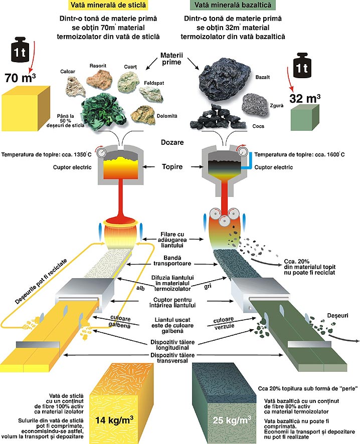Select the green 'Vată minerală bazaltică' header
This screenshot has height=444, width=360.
(234, 6)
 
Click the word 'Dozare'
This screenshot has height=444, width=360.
(172, 142)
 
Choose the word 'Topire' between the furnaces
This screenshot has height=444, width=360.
(172, 166)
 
